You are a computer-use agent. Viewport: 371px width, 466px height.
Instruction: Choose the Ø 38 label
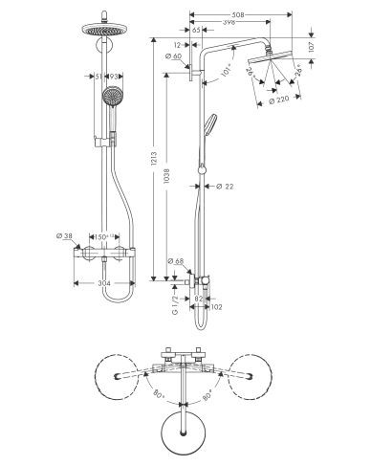pyautogui.click(x=65, y=235)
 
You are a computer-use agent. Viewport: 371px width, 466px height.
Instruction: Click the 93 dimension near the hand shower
pyautogui.click(x=114, y=76)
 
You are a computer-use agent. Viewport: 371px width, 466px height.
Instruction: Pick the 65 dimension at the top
pyautogui.click(x=196, y=31)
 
